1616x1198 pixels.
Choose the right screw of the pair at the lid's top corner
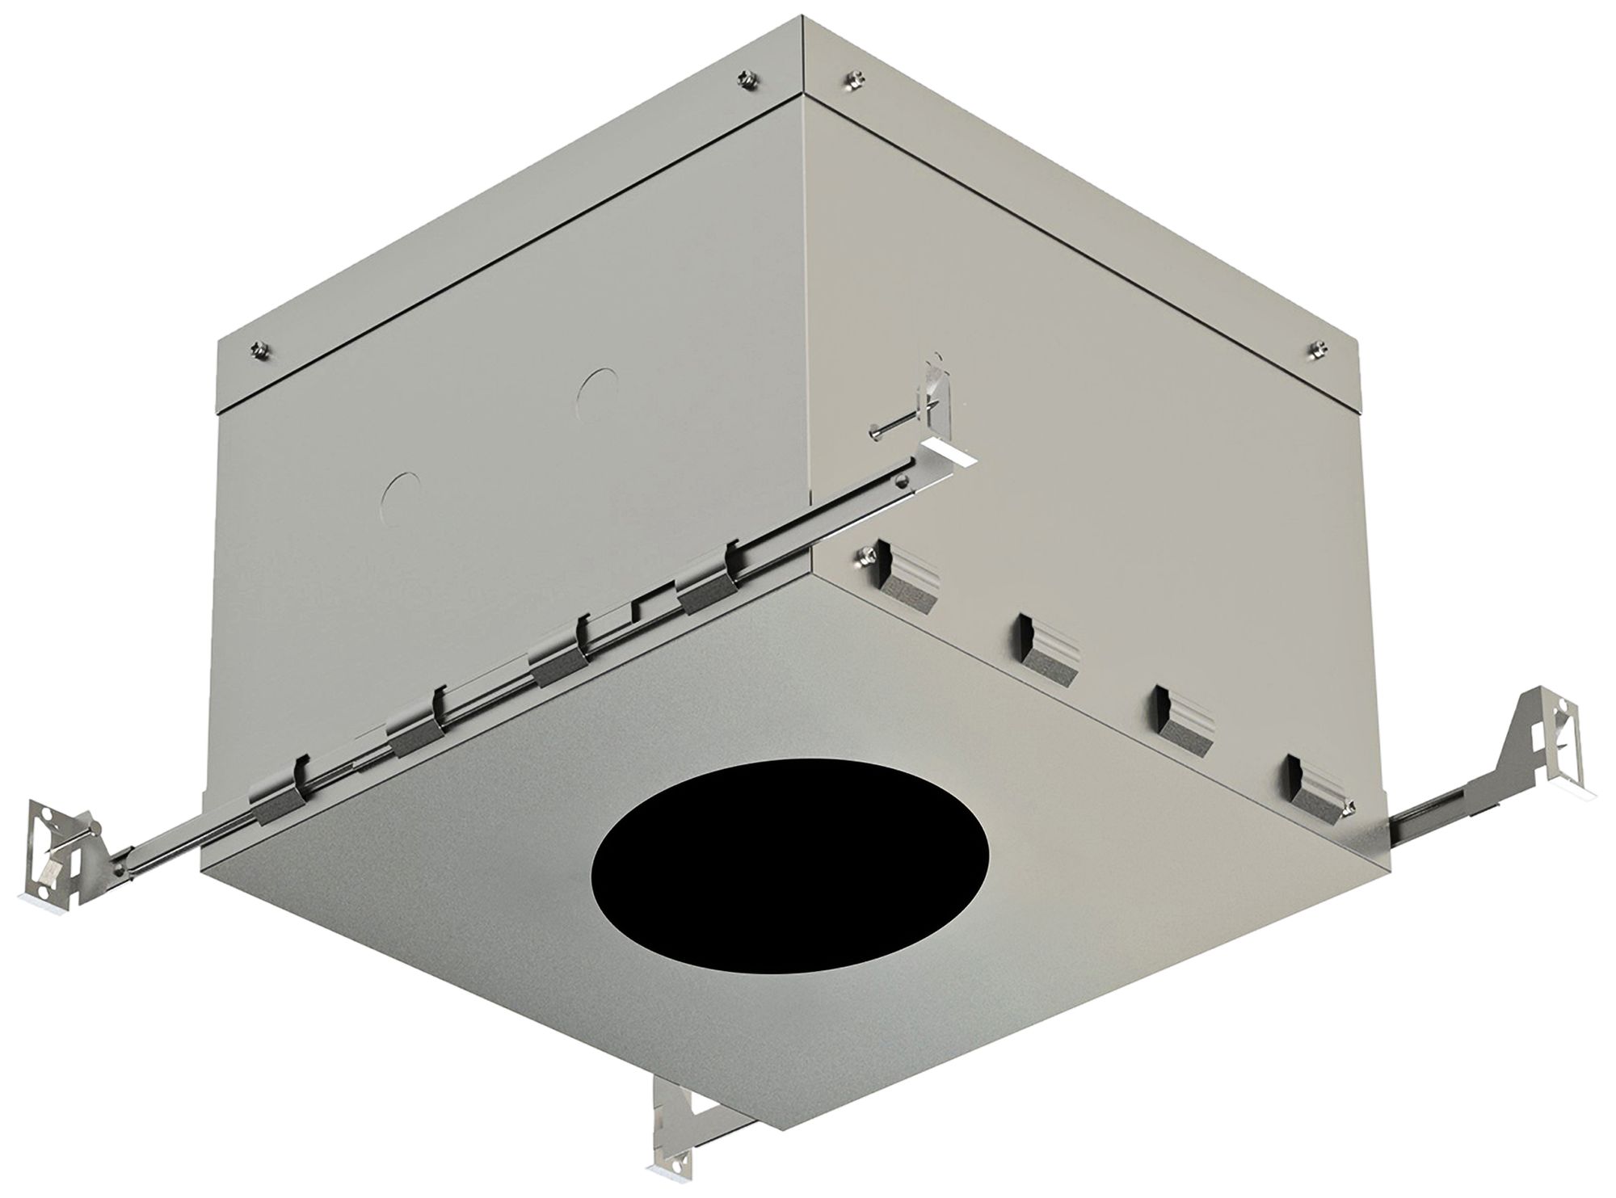click(851, 78)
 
